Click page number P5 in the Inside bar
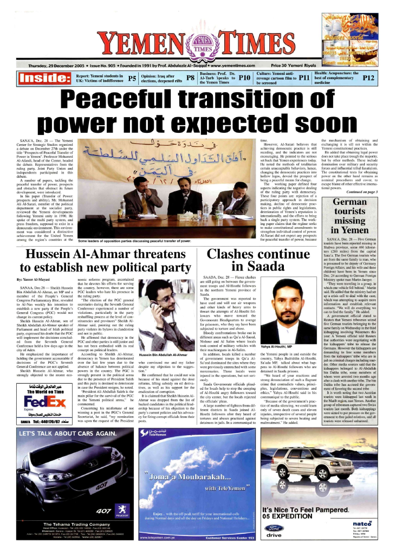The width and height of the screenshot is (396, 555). (132, 79)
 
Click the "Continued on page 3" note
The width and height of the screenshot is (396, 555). (362, 177)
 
